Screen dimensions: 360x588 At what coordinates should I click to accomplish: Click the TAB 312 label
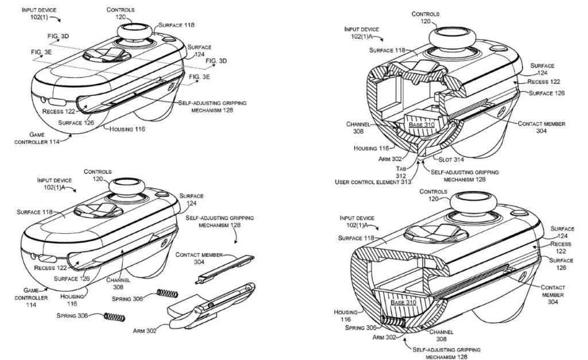(x=401, y=172)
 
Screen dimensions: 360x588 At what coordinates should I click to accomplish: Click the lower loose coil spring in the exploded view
(x=114, y=316)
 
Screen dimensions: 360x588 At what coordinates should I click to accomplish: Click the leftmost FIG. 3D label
(x=57, y=36)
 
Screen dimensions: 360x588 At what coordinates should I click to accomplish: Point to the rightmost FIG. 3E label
(x=199, y=76)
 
